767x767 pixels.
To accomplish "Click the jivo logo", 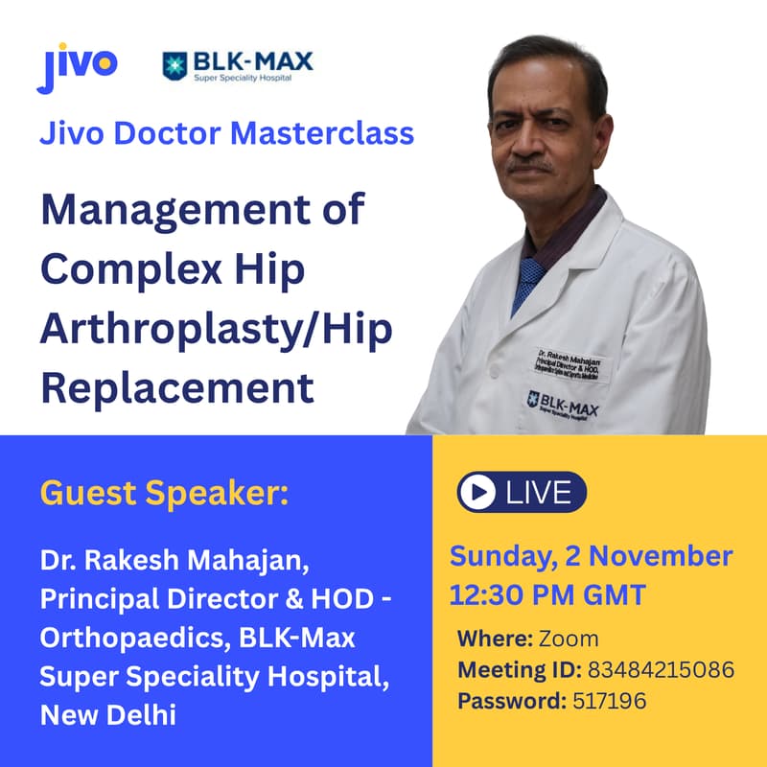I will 78,66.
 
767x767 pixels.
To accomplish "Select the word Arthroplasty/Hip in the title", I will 217,330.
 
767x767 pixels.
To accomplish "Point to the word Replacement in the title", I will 177,388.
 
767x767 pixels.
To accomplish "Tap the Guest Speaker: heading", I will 164,496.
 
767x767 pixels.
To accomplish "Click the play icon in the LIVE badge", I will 473,493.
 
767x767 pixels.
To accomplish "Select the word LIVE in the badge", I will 538,493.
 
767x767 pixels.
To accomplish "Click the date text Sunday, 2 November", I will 592,555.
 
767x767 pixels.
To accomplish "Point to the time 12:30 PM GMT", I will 547,595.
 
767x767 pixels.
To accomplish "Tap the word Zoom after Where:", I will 568,639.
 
